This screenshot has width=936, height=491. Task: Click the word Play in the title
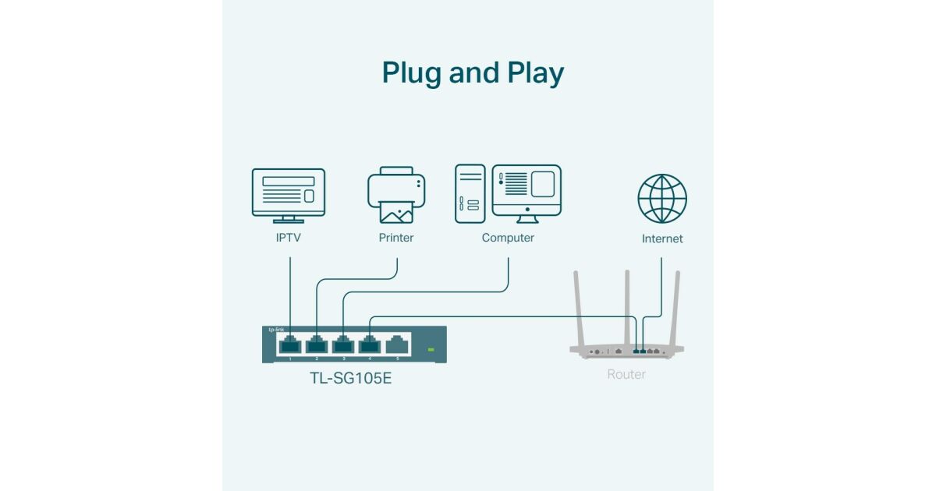[534, 73]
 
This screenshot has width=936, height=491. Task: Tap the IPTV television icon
[288, 195]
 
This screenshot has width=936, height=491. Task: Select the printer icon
[396, 195]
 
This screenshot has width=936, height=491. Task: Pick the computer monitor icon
[526, 191]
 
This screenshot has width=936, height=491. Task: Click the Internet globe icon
[662, 199]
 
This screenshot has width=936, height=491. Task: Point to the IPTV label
[288, 238]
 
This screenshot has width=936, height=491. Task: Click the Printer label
[396, 238]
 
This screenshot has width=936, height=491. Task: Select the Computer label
[508, 238]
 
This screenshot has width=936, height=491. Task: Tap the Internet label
[662, 238]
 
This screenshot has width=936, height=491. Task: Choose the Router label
[626, 374]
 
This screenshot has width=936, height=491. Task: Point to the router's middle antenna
[626, 304]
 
